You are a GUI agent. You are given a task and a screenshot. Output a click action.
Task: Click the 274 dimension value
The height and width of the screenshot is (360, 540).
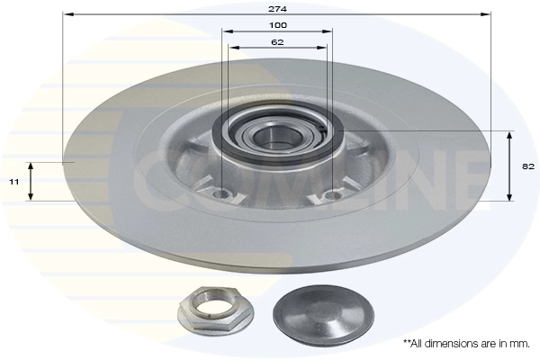point(277,9)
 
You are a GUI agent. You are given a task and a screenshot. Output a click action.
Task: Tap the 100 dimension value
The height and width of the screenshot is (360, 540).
point(277,25)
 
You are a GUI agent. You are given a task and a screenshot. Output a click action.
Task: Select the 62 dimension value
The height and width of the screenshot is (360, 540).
point(277,42)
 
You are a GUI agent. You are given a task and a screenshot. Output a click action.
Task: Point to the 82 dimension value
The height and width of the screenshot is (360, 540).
point(528,166)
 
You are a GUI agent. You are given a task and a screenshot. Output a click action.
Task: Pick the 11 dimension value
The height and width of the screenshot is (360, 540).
point(14,182)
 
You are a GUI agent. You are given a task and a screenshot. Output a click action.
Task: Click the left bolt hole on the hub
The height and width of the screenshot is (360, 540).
point(221,195)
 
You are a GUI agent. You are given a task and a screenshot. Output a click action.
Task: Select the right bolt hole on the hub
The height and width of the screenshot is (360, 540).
point(333,195)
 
